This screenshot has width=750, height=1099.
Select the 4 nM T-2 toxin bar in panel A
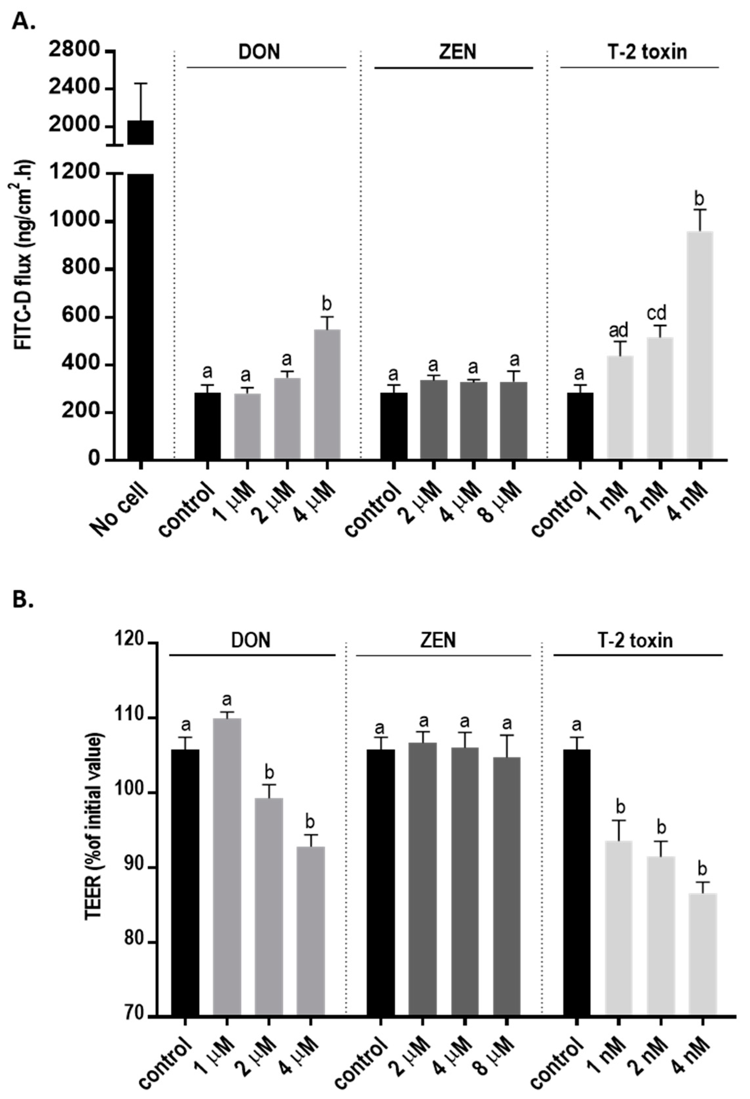click(700, 345)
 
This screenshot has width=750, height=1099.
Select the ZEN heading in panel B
click(438, 641)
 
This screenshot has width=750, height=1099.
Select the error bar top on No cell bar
click(140, 84)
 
